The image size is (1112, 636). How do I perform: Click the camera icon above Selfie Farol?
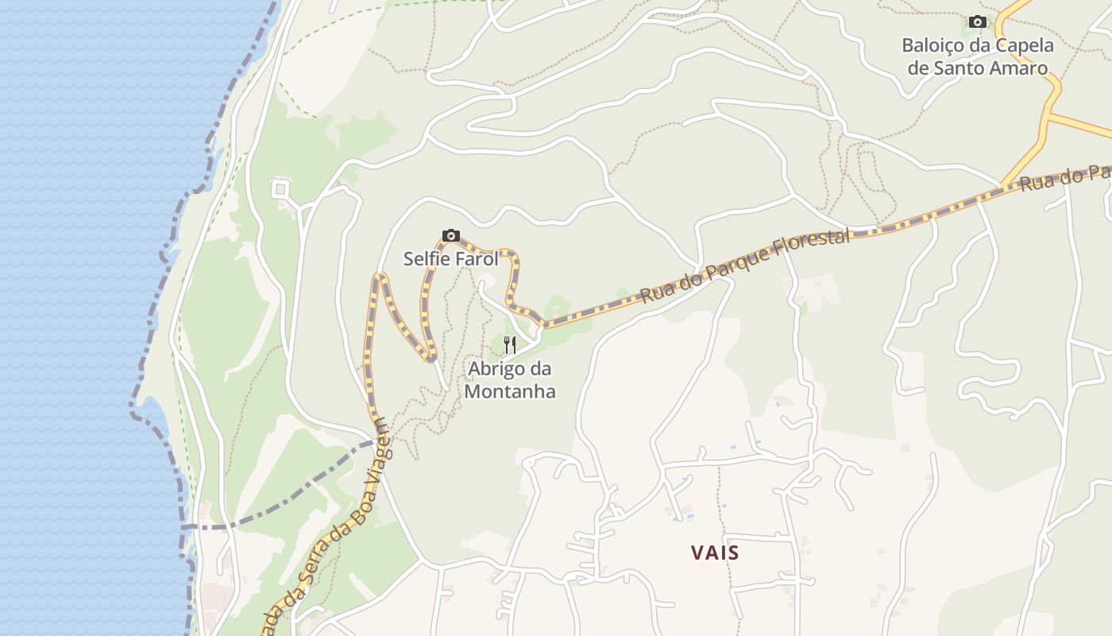(450, 235)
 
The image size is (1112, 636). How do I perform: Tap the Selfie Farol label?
(450, 259)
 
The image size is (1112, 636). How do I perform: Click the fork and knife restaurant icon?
(510, 345)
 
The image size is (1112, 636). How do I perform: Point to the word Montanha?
(510, 391)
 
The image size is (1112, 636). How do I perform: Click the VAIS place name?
(715, 553)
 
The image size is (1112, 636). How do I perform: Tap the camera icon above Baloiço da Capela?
(978, 21)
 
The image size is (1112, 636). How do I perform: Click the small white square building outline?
(280, 189)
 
